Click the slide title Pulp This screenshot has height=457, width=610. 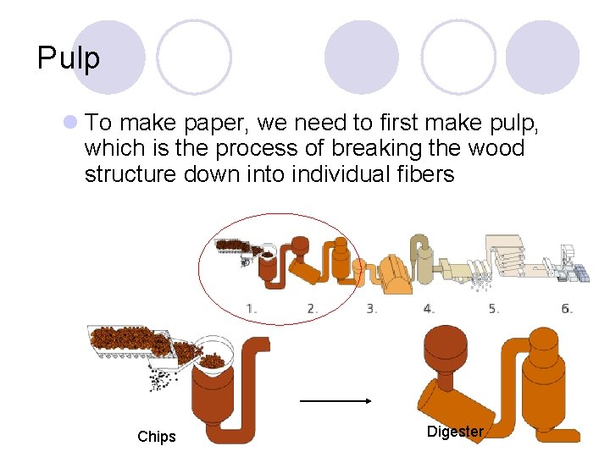[x=69, y=58]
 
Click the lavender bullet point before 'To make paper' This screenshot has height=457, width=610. [x=70, y=122]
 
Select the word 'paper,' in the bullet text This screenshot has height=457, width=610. [x=216, y=124]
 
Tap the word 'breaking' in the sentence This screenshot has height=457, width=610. [x=376, y=148]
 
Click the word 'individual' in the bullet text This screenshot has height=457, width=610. [x=341, y=173]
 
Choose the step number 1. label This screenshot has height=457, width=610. [x=252, y=309]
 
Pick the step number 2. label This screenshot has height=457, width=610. [x=313, y=309]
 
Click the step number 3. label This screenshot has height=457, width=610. [x=372, y=309]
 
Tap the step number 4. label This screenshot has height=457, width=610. [x=429, y=309]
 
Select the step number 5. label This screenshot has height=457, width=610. [x=494, y=309]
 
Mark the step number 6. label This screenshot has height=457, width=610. [x=567, y=309]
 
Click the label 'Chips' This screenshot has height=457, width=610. [x=157, y=437]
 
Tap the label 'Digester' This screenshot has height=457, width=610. [x=455, y=432]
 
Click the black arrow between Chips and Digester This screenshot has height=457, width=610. [x=335, y=400]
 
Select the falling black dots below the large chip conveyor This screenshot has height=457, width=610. [x=163, y=379]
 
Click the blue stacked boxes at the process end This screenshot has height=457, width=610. [x=581, y=272]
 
